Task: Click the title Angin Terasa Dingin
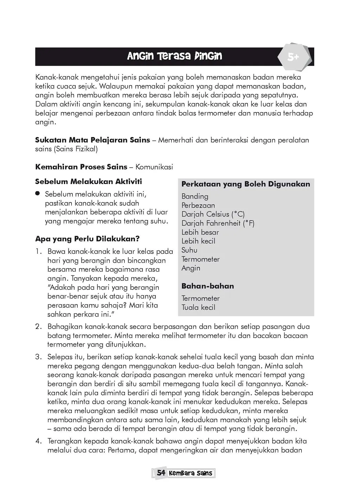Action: click(174, 56)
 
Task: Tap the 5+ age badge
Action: click(293, 57)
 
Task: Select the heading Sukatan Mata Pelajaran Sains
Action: click(92, 140)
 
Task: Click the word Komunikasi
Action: click(154, 167)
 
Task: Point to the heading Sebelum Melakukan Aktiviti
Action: click(89, 182)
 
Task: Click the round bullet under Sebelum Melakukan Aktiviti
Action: click(37, 194)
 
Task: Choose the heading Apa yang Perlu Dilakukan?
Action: click(87, 239)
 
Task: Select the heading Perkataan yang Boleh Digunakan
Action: click(246, 184)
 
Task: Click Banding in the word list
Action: click(195, 196)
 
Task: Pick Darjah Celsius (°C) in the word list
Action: click(213, 214)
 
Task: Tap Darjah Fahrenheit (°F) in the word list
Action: click(218, 223)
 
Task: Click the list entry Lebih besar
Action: click(200, 232)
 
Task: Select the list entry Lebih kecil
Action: click(198, 241)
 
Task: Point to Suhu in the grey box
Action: click(189, 250)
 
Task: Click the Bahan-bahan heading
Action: click(207, 286)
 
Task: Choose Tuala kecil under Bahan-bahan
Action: click(198, 307)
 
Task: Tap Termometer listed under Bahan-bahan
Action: click(200, 298)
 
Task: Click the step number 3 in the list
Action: click(38, 357)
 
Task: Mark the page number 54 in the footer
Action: click(161, 473)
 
